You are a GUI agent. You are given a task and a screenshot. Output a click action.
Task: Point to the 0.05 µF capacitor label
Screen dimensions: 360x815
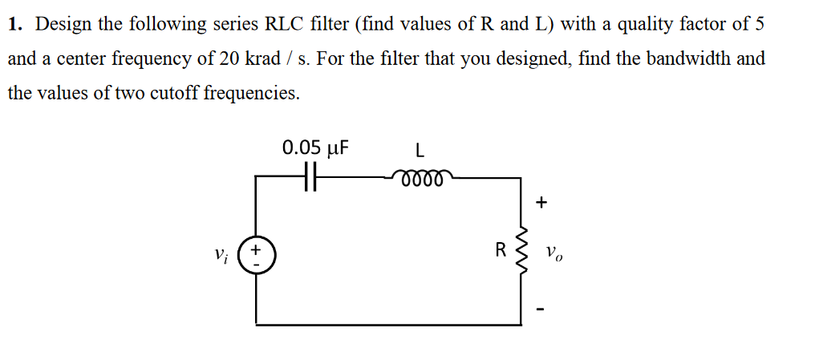pos(315,148)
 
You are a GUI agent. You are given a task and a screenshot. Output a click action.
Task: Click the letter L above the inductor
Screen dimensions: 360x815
pos(420,149)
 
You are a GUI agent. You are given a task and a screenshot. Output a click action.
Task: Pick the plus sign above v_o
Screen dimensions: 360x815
pos(541,204)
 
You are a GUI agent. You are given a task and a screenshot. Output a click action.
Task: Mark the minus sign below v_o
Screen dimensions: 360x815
pos(541,306)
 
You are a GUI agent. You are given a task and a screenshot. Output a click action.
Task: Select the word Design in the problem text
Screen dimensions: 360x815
pos(63,24)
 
